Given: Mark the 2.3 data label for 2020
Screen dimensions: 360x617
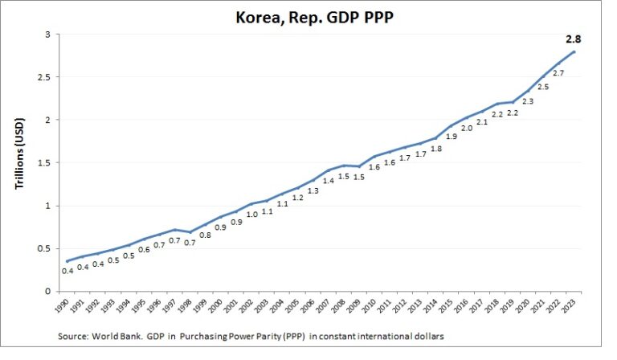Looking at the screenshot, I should pyautogui.click(x=527, y=101).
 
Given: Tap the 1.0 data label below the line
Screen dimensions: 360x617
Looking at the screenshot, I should pyautogui.click(x=251, y=215).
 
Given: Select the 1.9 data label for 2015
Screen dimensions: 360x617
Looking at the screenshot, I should pyautogui.click(x=451, y=137).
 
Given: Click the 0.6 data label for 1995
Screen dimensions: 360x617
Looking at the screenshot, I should pyautogui.click(x=144, y=249).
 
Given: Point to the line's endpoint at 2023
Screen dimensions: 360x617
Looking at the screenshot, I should pyautogui.click(x=574, y=52).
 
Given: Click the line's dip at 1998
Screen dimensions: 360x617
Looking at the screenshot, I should pyautogui.click(x=190, y=232).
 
